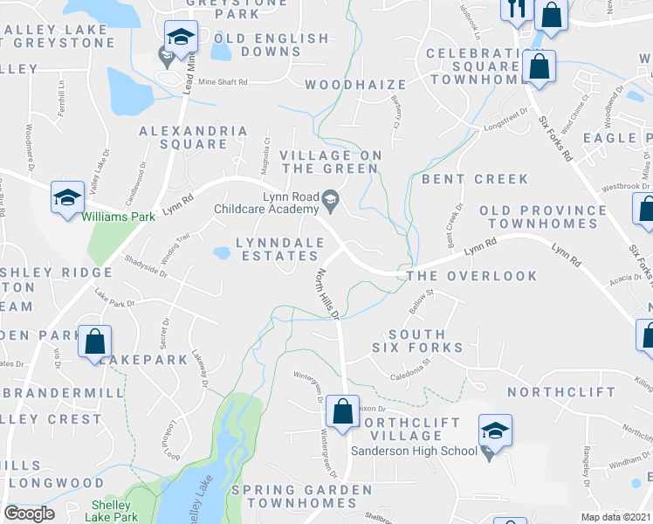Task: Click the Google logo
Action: [29, 514]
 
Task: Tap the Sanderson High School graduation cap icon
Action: [494, 430]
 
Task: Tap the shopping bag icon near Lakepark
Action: [94, 342]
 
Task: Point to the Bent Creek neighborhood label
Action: [475, 179]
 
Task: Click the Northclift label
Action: [560, 392]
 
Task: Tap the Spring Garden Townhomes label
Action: [300, 497]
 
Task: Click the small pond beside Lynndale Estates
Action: [221, 254]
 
